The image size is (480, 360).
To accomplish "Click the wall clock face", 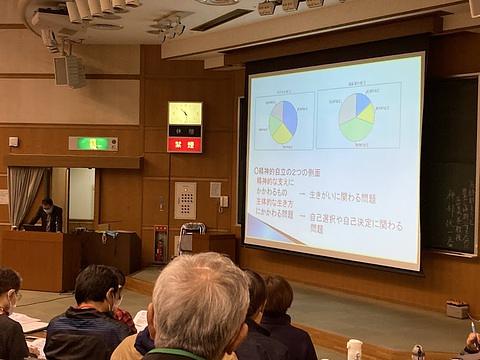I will click(x=184, y=113).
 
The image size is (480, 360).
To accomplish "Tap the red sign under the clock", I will click(x=184, y=144).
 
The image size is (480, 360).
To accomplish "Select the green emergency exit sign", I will click(x=93, y=143).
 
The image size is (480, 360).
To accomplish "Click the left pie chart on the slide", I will click(x=283, y=121).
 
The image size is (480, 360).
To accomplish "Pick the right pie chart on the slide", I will click(x=356, y=117).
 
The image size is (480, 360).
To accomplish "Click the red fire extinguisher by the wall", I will click(x=160, y=244).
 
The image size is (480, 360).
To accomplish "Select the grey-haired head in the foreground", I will click(x=199, y=299).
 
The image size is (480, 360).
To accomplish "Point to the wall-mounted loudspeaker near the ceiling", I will click(x=69, y=70).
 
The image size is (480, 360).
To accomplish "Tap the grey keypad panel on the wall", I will click(x=185, y=199).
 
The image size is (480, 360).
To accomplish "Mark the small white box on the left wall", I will click(x=14, y=141).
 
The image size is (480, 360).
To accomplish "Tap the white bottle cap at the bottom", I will click(x=354, y=346).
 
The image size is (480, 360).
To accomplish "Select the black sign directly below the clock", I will click(x=184, y=130).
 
